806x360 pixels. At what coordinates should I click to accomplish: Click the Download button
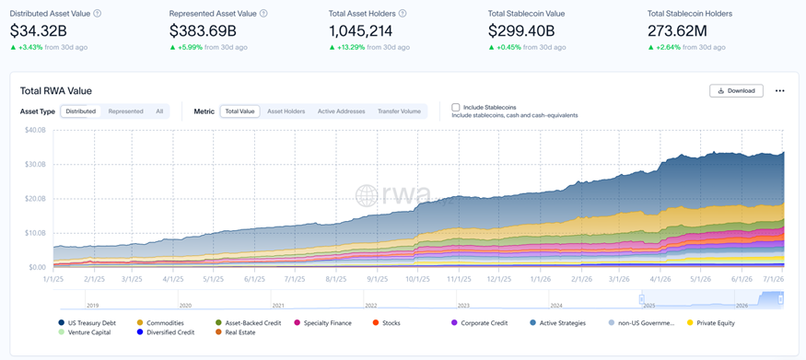(736, 91)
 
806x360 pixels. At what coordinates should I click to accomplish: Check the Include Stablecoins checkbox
(455, 108)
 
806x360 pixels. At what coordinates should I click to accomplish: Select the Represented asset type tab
(126, 110)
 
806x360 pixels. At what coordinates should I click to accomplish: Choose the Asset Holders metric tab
(286, 110)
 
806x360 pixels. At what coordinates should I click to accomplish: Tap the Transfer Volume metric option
(399, 110)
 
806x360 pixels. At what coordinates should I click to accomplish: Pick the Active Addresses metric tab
(342, 110)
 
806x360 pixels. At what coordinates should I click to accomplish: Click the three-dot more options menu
(780, 91)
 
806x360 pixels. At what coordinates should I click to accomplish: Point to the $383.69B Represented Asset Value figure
(203, 31)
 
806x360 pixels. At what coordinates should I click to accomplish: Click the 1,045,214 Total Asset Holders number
(360, 31)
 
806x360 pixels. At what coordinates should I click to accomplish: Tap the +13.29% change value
(351, 47)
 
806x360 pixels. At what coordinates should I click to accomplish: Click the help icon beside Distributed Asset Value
(98, 14)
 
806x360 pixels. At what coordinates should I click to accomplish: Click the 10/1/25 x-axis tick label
(417, 279)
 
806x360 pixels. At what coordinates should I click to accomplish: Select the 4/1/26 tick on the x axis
(660, 279)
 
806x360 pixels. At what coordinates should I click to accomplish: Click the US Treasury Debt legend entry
(87, 323)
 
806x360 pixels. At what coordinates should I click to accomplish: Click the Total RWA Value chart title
(56, 91)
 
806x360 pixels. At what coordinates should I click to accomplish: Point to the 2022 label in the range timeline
(371, 305)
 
